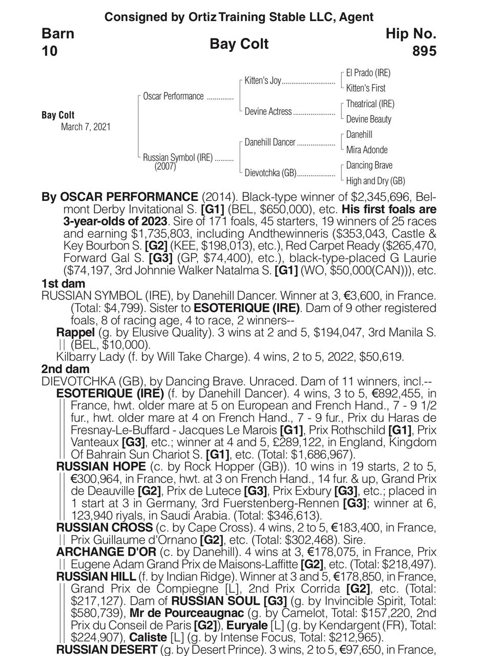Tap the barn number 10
(x=50, y=51)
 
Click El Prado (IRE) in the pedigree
(x=368, y=73)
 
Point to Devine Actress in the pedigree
(x=268, y=111)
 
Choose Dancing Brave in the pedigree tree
(x=369, y=166)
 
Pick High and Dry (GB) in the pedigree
(x=375, y=180)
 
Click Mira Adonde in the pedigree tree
(x=366, y=150)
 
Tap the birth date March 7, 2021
(x=86, y=127)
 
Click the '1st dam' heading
(x=64, y=283)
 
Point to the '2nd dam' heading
(x=65, y=369)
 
